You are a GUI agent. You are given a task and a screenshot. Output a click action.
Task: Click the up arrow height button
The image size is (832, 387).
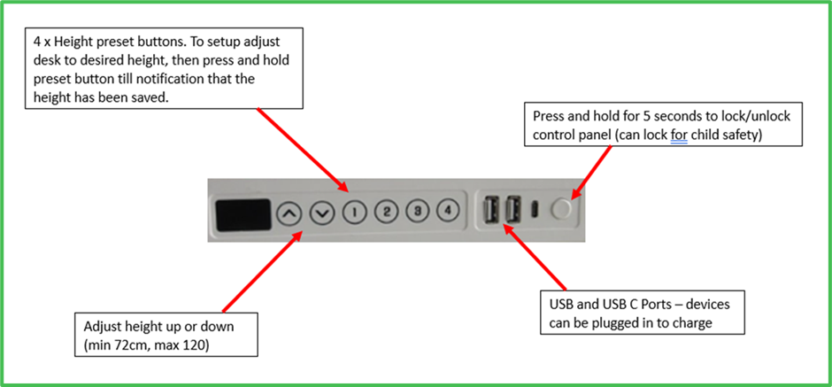click(x=289, y=213)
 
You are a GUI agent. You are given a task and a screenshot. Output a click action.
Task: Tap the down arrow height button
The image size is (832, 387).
click(x=321, y=213)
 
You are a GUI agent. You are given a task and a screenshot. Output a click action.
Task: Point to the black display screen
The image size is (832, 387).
click(x=242, y=214)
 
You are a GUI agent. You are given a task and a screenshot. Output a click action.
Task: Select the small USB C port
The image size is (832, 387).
click(x=535, y=210)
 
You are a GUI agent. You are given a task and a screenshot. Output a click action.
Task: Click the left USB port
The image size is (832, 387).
click(x=491, y=210)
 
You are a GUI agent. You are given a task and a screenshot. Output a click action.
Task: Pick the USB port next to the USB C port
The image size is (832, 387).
click(x=512, y=210)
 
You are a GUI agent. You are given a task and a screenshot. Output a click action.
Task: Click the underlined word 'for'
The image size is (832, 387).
click(x=680, y=135)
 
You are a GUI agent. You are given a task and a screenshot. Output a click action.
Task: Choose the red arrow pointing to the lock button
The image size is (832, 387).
click(x=591, y=169)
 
